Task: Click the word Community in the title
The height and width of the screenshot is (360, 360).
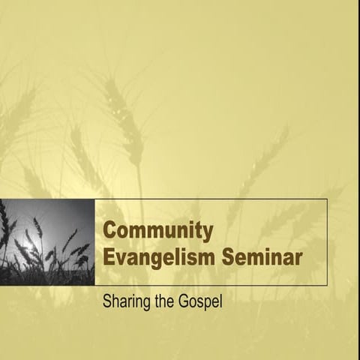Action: click(x=158, y=231)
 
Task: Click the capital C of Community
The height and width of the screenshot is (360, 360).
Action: click(x=109, y=230)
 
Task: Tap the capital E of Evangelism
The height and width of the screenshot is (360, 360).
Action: click(x=109, y=257)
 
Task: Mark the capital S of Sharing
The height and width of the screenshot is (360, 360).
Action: click(x=107, y=305)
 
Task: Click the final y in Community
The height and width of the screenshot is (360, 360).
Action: click(x=208, y=232)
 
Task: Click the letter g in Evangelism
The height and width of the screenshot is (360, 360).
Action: click(x=160, y=260)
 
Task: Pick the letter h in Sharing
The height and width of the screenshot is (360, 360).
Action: click(x=116, y=305)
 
